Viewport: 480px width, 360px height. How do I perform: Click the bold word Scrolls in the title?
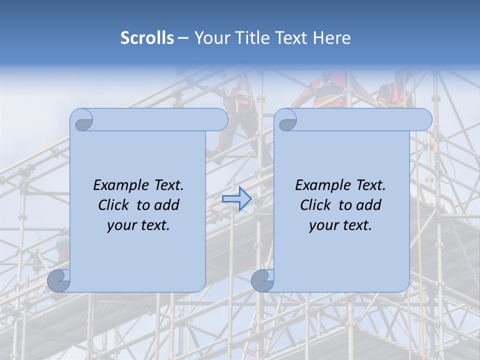pos(147,38)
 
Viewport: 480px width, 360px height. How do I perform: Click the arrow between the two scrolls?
pos(236,199)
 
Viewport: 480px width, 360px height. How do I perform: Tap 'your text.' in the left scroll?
pos(138,225)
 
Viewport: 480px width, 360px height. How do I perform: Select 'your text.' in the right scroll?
pos(340,225)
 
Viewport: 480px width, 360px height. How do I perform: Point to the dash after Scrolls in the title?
pos(182,38)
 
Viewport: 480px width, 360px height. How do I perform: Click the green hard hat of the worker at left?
pos(62,242)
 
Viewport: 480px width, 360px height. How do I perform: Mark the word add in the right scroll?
pos(369,205)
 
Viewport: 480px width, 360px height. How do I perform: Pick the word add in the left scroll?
pos(167,205)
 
